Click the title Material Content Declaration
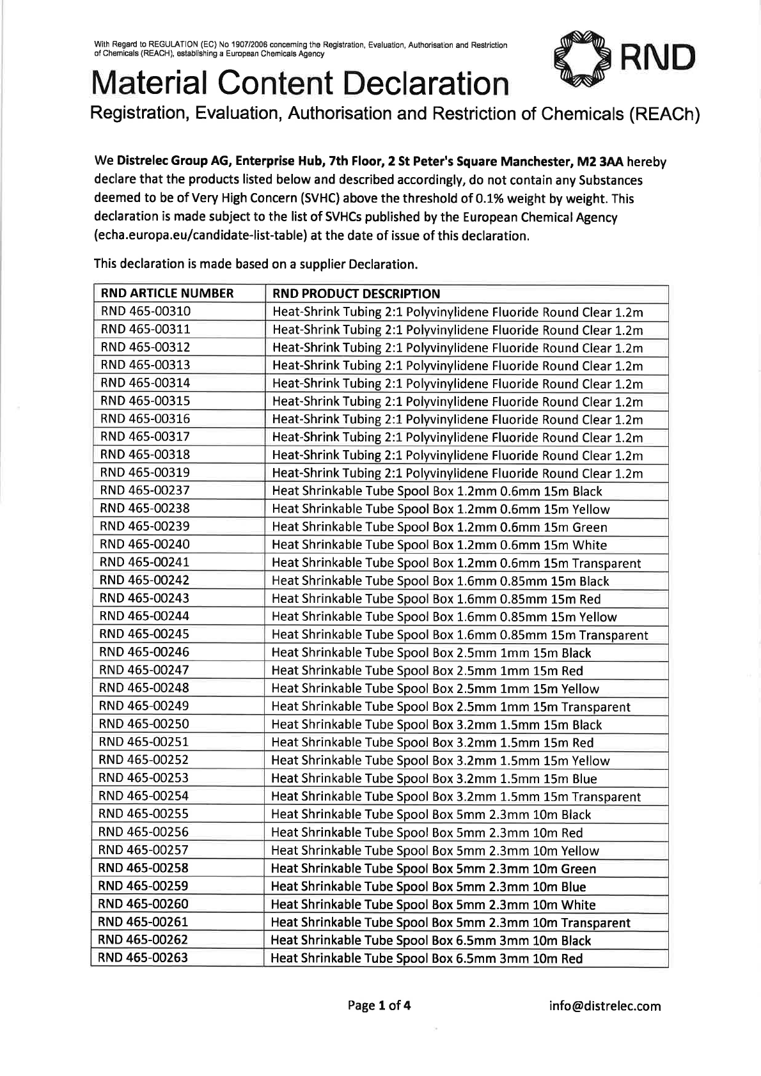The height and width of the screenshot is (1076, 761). coord(301,84)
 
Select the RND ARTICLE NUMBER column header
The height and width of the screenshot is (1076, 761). coord(168,293)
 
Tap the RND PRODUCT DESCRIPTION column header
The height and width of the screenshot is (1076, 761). coord(356,294)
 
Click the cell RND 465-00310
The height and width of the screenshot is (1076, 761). coord(145,311)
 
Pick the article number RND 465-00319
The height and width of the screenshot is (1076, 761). coord(145,472)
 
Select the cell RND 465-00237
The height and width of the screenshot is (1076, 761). coord(145,490)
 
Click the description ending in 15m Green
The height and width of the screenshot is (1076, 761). coord(439,527)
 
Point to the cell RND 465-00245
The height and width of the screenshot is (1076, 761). coord(145,634)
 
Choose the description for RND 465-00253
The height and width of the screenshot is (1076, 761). coord(434,779)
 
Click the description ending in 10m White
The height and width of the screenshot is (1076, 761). coord(433,905)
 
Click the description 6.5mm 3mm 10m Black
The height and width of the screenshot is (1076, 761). coord(431,940)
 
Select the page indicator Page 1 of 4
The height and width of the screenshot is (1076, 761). coord(379,1006)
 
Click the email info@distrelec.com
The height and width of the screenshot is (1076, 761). coord(605,1006)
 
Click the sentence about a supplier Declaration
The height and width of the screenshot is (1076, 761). coord(255,263)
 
